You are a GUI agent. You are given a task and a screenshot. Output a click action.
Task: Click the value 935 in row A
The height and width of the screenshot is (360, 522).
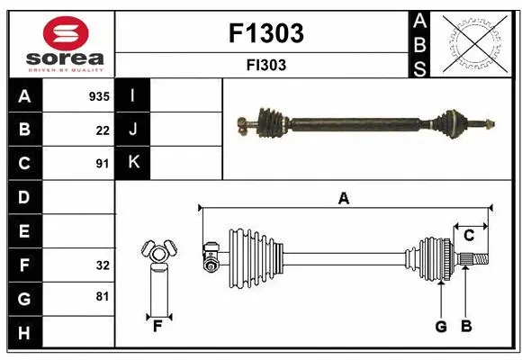pos(98,96)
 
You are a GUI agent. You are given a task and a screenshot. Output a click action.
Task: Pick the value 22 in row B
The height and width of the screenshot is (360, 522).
pos(102,130)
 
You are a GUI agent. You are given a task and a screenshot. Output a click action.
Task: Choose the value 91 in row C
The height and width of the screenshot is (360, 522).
pos(102,164)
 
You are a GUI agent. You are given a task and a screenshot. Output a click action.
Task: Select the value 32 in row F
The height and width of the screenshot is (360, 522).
pos(102,265)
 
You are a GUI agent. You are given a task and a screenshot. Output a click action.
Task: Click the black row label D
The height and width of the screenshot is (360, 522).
pos(24,197)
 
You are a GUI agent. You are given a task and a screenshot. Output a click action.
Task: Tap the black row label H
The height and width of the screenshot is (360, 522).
pos(24,333)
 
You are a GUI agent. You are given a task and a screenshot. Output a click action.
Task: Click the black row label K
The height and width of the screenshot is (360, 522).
pos(133,163)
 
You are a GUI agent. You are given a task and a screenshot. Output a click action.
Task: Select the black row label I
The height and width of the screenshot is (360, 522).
pos(133,95)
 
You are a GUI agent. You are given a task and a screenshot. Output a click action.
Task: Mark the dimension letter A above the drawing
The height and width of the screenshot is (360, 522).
pos(343,198)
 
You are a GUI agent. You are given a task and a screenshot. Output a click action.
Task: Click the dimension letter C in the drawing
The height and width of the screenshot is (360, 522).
pos(469,236)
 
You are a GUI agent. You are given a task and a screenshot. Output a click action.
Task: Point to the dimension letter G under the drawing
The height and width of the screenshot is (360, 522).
pos(441,327)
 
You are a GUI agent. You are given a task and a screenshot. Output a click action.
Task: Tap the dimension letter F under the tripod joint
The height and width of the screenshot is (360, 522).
pos(157,326)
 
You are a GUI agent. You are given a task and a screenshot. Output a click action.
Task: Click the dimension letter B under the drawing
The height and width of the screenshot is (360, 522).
pos(465,327)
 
